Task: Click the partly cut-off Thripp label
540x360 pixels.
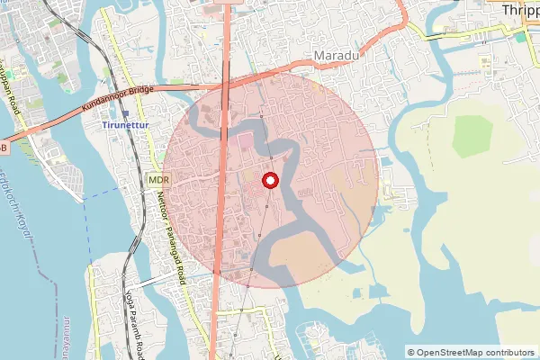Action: point(521,9)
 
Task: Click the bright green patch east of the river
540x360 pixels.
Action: point(473,136)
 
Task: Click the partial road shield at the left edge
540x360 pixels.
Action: point(4,147)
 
